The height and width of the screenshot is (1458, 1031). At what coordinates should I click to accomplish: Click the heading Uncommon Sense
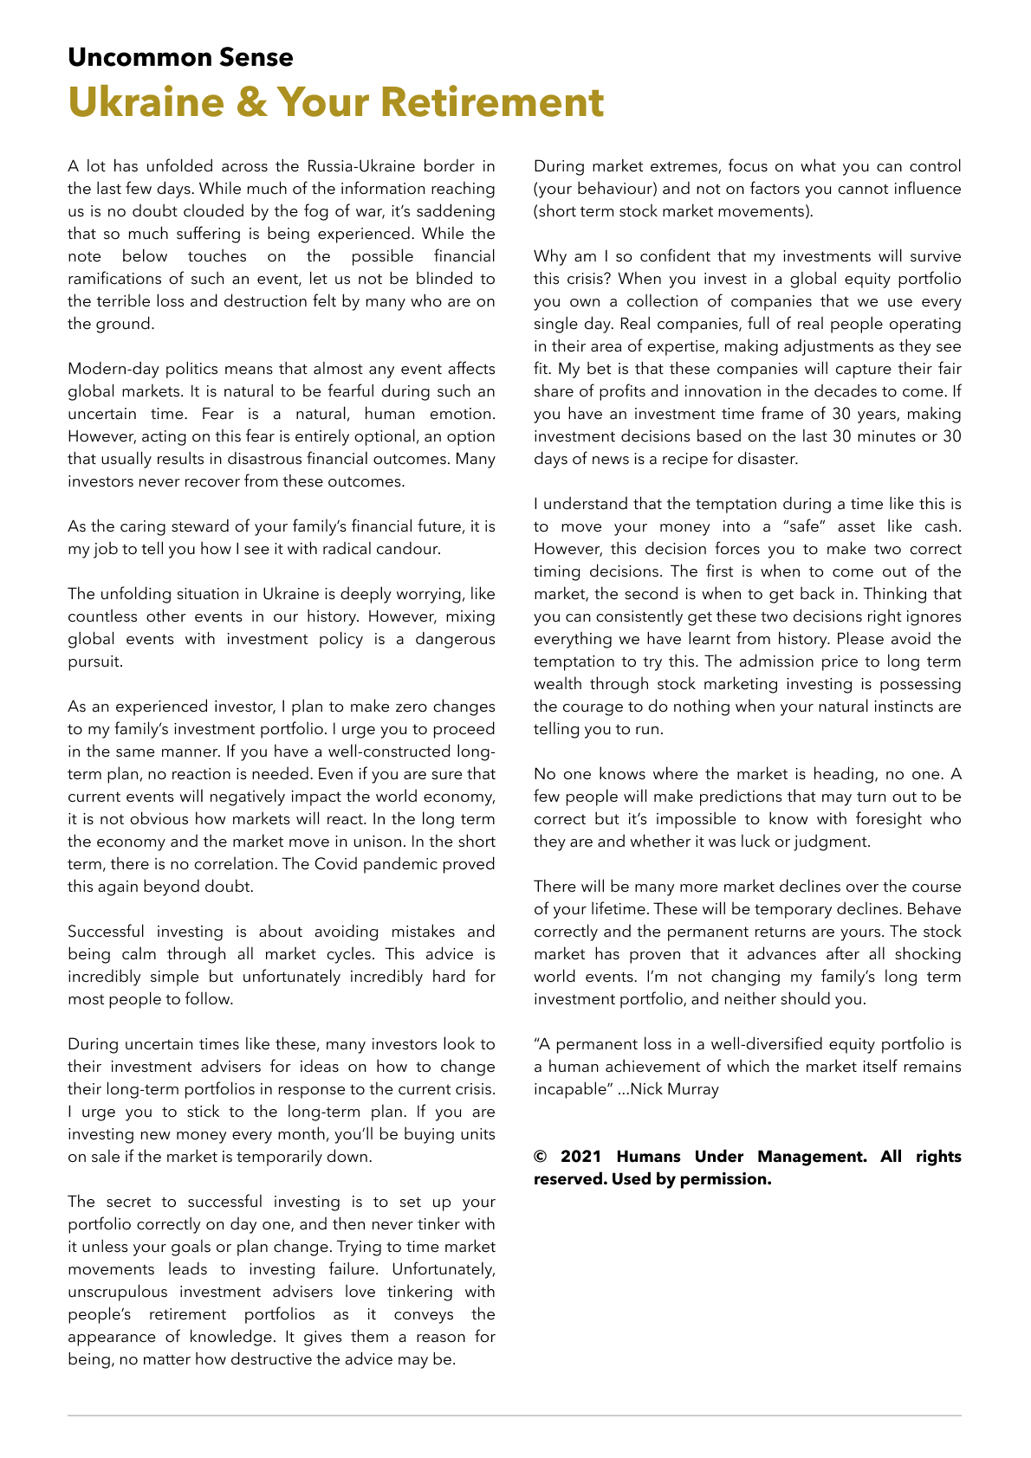click(x=180, y=57)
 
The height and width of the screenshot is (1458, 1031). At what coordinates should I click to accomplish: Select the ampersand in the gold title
click(x=251, y=102)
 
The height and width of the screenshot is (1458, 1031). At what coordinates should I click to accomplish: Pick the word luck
click(x=756, y=842)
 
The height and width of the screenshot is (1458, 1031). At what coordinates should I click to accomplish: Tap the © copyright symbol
click(x=541, y=1157)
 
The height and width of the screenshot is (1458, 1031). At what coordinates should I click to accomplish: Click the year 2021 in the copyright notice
click(x=581, y=1157)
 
